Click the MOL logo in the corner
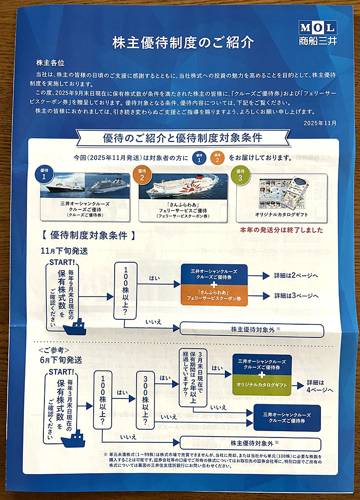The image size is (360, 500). [318, 33]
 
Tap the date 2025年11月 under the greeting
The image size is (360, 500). [320, 123]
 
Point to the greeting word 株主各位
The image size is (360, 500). [50, 63]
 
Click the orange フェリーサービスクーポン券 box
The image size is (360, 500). [214, 297]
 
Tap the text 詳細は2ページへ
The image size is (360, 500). [296, 276]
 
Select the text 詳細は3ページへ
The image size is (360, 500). [296, 295]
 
